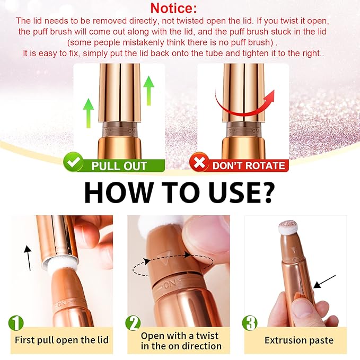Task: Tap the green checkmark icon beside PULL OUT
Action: click(x=73, y=164)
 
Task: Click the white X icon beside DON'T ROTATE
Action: click(x=198, y=164)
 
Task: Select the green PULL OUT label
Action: click(x=119, y=165)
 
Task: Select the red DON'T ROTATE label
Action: click(x=248, y=165)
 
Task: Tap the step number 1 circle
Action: click(x=16, y=323)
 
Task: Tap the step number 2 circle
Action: click(x=133, y=323)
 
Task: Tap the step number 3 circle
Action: click(x=250, y=323)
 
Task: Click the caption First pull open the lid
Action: click(x=62, y=339)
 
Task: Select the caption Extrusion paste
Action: click(x=298, y=339)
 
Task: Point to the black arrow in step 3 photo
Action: click(x=324, y=281)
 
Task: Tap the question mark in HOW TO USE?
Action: click(x=264, y=192)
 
